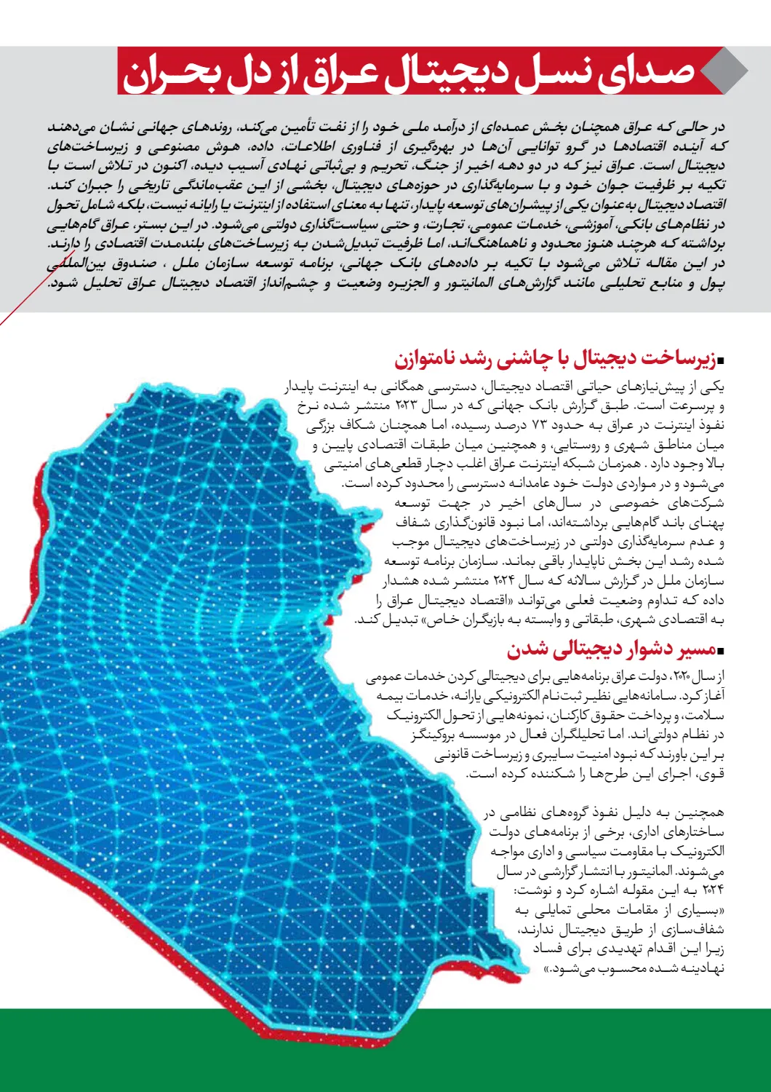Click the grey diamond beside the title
(723, 71)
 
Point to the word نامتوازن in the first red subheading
(429, 358)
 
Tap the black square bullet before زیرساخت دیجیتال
(721, 360)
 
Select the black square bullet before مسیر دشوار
(721, 650)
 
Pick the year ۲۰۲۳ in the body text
(407, 405)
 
